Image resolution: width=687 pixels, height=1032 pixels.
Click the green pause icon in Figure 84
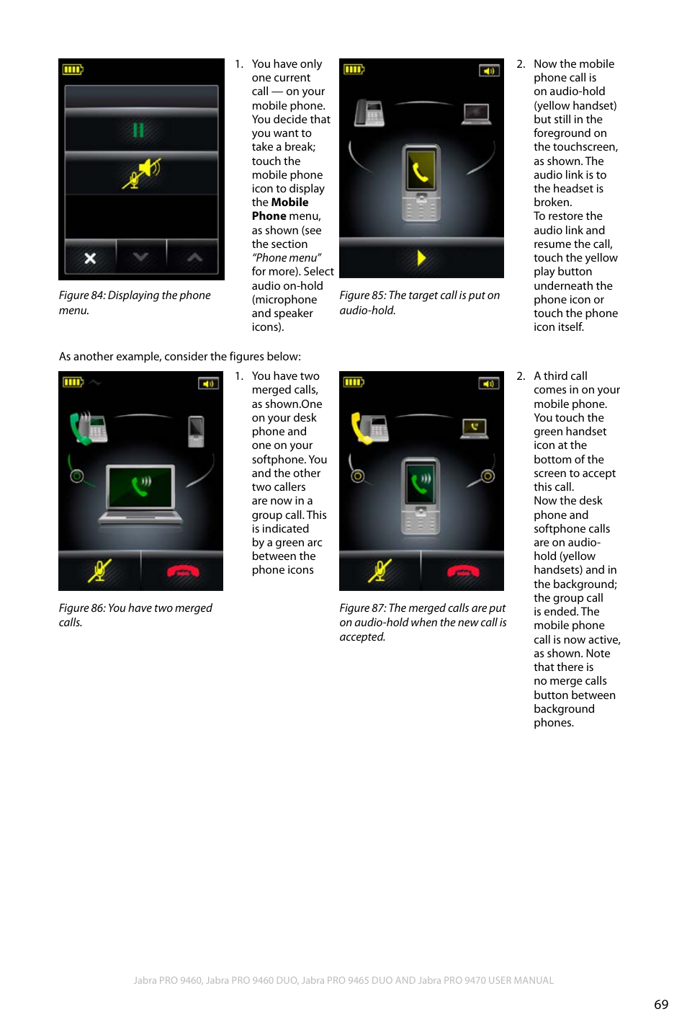(x=138, y=130)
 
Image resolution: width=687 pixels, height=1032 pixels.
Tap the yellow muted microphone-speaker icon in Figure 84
(x=142, y=174)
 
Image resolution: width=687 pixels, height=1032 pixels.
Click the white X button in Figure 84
(x=90, y=258)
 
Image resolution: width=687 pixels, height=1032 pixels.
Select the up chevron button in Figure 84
(x=194, y=257)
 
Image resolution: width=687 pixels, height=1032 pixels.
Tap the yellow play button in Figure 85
(x=421, y=258)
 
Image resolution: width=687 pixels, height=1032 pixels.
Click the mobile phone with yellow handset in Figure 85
(x=421, y=183)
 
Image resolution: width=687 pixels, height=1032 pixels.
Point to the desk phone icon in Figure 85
(x=369, y=113)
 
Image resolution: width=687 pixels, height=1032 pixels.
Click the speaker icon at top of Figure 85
(x=489, y=71)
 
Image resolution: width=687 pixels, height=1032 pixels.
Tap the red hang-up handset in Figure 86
(x=183, y=571)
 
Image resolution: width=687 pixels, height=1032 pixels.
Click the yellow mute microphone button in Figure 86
(x=99, y=571)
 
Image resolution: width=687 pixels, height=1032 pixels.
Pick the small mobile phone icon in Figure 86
(x=196, y=431)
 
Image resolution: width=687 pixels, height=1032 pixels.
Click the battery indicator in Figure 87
(x=354, y=382)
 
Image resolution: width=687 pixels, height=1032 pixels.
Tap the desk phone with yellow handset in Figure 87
(x=369, y=427)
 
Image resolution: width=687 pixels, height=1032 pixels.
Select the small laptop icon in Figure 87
(x=475, y=428)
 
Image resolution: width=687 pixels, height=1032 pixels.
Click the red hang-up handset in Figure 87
(x=463, y=571)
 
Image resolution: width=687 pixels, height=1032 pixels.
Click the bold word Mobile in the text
(x=289, y=203)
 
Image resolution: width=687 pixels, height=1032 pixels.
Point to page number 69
(x=660, y=1004)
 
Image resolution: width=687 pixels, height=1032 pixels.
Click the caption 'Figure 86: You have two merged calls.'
(x=135, y=615)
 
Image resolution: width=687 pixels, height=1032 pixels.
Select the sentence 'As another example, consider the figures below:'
(x=180, y=356)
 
